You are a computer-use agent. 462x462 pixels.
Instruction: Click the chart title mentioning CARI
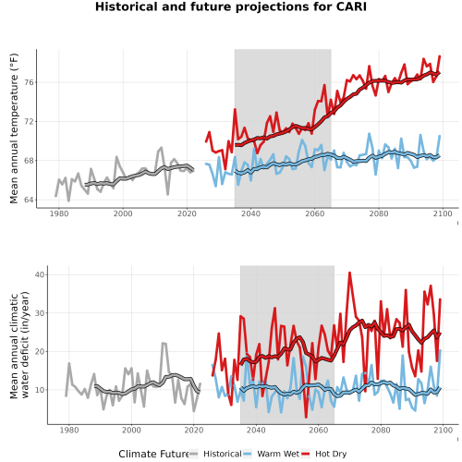click(x=231, y=6)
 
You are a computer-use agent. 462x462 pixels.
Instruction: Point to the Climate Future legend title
click(x=153, y=454)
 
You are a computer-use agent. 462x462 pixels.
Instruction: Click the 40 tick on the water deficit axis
click(x=40, y=274)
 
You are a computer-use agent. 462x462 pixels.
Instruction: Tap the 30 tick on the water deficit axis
click(x=40, y=313)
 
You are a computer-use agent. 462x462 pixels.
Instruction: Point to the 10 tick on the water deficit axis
click(x=40, y=390)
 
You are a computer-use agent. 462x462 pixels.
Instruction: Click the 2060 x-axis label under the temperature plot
click(x=315, y=213)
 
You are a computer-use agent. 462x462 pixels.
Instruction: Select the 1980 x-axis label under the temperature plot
click(x=59, y=213)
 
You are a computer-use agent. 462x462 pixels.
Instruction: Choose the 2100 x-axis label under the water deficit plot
click(x=443, y=430)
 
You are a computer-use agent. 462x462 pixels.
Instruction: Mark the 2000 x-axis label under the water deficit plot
click(x=131, y=430)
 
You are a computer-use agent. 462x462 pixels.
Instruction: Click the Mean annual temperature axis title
click(x=14, y=128)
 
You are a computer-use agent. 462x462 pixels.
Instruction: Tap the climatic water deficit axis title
click(x=19, y=345)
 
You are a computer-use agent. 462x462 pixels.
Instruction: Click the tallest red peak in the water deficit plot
click(x=349, y=273)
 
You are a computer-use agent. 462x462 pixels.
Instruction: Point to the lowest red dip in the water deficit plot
click(x=306, y=418)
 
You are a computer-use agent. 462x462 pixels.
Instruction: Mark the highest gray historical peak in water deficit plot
click(x=164, y=343)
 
